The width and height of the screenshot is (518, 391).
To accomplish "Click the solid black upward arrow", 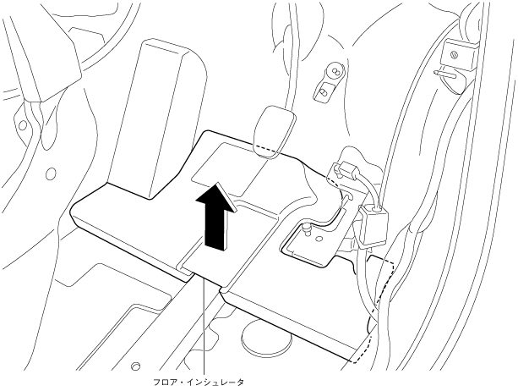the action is [x=216, y=218].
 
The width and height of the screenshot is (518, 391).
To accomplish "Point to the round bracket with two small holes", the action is [x=333, y=71].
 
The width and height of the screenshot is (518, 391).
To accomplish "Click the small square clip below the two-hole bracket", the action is [x=324, y=89].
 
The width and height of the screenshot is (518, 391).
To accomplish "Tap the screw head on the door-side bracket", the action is [x=455, y=56].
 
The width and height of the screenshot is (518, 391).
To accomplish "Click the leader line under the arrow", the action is [x=204, y=322].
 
